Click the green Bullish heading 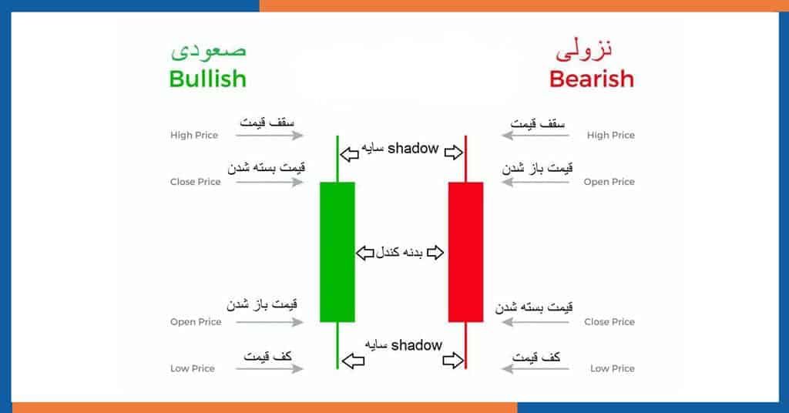[207, 79]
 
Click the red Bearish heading [591, 79]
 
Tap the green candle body [337, 251]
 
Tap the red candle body [465, 251]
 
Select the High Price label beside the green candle [193, 135]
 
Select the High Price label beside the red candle [610, 135]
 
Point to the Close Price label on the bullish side [195, 182]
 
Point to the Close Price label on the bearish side [609, 321]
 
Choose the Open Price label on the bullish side [196, 322]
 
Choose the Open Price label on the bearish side [609, 182]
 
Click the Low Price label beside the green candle [192, 368]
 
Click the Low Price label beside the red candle [613, 368]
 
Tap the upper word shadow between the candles [413, 149]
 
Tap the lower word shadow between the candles [416, 345]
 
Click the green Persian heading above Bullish [208, 50]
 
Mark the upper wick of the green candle [337, 159]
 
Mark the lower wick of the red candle [465, 346]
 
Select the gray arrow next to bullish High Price [269, 135]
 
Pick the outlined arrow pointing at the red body [435, 252]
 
